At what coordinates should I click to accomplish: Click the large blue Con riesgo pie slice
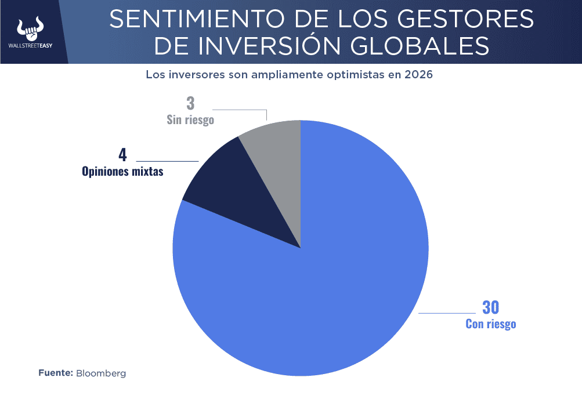pos(325,290)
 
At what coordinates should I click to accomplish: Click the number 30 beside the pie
pos(490,307)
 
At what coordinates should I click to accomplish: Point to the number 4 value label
pos(122,155)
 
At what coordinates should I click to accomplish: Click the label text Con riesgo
pos(490,324)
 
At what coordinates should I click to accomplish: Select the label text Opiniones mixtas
pos(122,172)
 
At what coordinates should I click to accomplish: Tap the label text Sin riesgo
pos(190,120)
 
